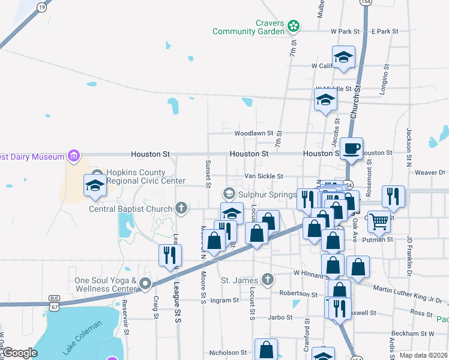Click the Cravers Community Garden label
[x=249, y=27]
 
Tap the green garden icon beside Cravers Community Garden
[x=293, y=26]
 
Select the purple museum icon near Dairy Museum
[x=74, y=157]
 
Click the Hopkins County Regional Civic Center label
[x=146, y=176]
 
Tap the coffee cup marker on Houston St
[x=351, y=148]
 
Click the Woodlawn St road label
[x=253, y=133]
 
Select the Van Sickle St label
[x=264, y=176]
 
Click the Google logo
[x=19, y=353]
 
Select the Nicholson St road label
[x=228, y=353]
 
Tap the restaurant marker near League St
[x=169, y=255]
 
